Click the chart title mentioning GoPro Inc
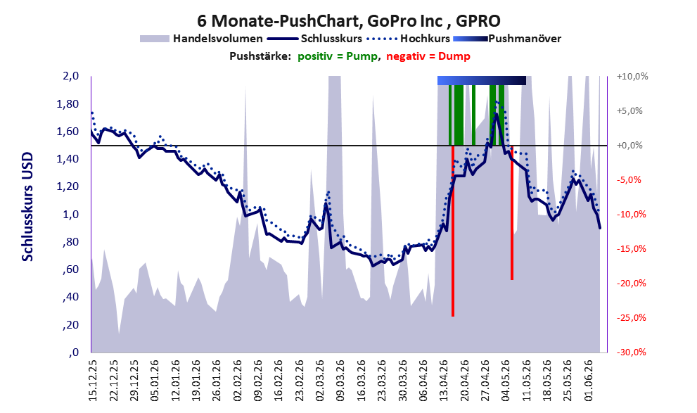[x=349, y=20]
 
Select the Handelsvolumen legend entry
[x=201, y=39]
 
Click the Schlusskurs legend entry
[x=314, y=39]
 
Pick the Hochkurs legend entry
[x=408, y=39]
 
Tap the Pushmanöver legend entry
[x=507, y=39]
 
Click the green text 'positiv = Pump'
[x=338, y=56]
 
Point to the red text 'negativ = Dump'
[x=428, y=56]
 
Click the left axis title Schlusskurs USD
[x=27, y=207]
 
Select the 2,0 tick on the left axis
[x=70, y=76]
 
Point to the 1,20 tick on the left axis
[x=68, y=186]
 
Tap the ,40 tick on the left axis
[x=70, y=297]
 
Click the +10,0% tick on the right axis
[x=632, y=77]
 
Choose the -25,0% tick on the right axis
[x=632, y=318]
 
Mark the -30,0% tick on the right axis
[x=632, y=352]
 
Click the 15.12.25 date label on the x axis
[x=92, y=381]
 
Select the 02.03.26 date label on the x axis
[x=320, y=381]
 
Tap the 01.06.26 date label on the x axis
[x=589, y=381]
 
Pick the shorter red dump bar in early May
[x=512, y=213]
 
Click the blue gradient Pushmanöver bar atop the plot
[x=482, y=80]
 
